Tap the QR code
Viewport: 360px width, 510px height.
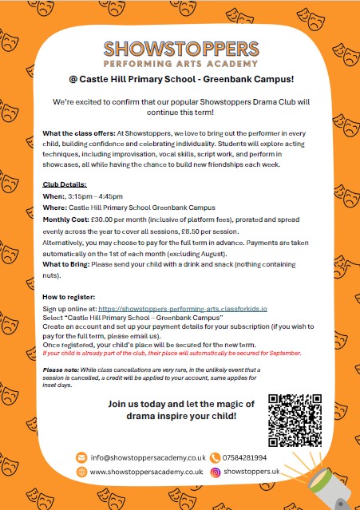tap(295, 420)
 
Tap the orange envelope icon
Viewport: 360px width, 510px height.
tap(81, 457)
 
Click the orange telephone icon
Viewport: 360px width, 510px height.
tap(215, 457)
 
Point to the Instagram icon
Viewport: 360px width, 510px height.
tap(215, 472)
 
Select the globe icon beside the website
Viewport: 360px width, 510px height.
tap(81, 472)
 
